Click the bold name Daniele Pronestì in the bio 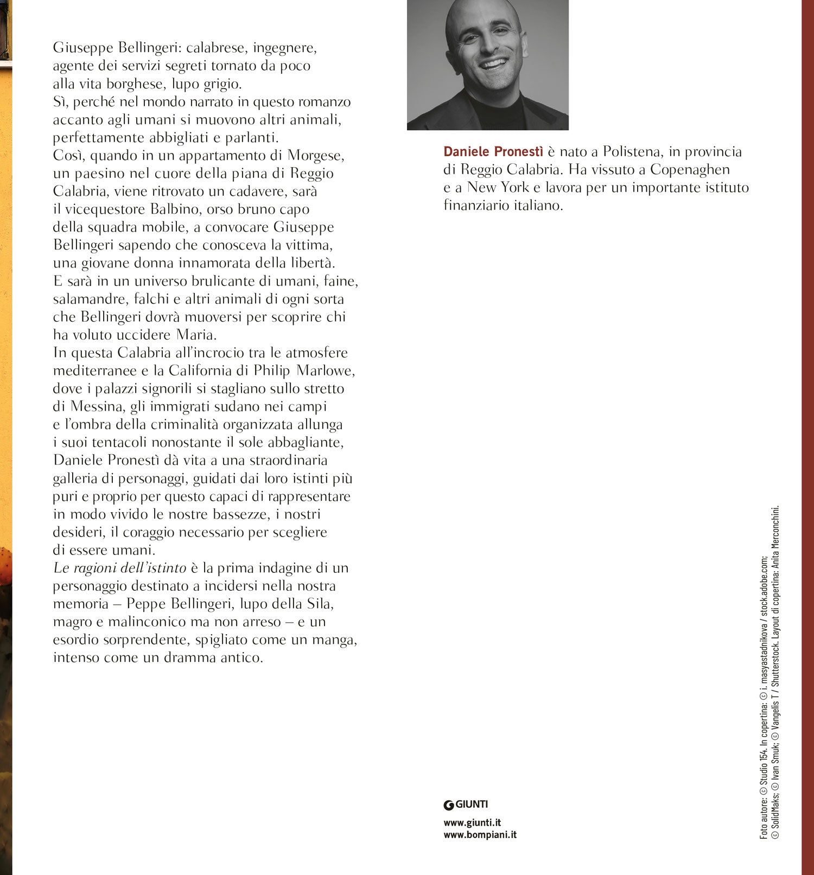pos(493,152)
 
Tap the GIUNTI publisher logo pos(466,804)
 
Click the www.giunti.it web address pos(472,822)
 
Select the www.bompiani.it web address pos(480,835)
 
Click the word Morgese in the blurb pos(316,156)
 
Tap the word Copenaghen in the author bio pos(690,170)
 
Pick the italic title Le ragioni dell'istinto pos(119,568)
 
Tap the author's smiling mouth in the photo pos(494,64)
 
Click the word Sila pos(319,604)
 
